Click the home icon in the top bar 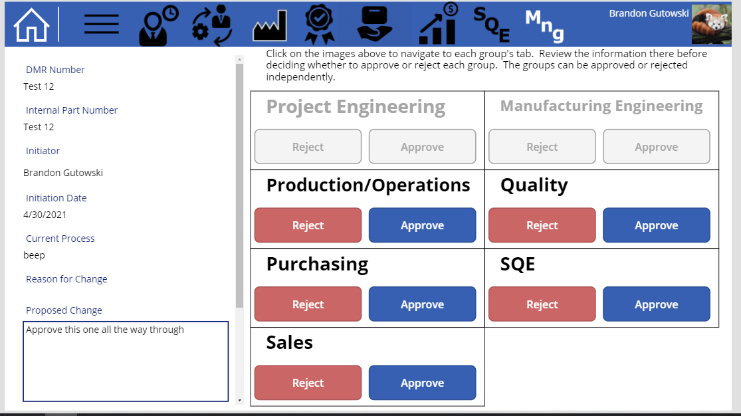point(31,25)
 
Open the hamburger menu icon point(102,25)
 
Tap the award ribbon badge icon point(319,25)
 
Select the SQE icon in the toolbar point(491,23)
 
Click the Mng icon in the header point(544,25)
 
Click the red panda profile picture point(711,25)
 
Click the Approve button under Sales point(422,383)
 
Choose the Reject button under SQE point(542,304)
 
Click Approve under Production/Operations point(422,225)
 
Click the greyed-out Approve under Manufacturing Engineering point(656,147)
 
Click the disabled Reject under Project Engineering point(308,147)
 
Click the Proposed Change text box point(126,362)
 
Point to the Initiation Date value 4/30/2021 point(45,215)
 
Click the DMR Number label point(55,70)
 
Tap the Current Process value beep point(34,255)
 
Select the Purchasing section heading point(317,264)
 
